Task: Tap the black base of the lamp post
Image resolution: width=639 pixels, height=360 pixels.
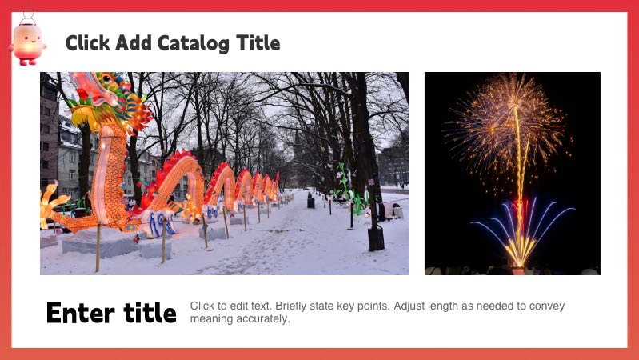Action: pyautogui.click(x=375, y=238)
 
